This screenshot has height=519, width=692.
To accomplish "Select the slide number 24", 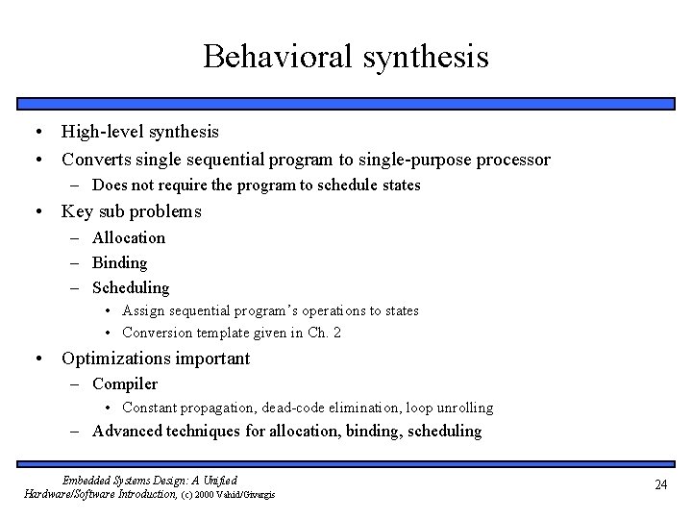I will [x=660, y=485].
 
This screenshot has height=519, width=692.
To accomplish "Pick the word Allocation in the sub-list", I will [x=129, y=237].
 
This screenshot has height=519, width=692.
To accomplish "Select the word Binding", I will [x=120, y=262].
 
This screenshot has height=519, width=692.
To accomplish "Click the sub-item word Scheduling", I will [x=131, y=287].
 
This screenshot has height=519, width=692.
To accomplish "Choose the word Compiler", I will [x=125, y=384].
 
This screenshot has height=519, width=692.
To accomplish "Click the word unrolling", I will [x=462, y=408].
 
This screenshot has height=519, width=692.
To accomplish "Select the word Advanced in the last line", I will [x=130, y=431].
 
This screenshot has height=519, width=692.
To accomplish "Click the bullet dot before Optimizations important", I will [x=37, y=358].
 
